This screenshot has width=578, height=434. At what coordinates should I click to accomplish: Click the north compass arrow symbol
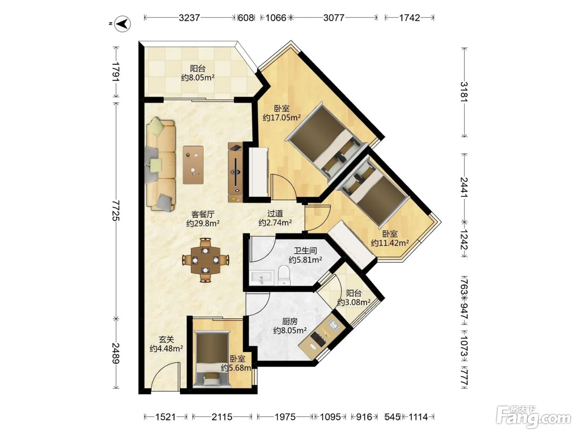[123, 24]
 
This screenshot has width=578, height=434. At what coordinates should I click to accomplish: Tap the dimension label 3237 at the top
[190, 18]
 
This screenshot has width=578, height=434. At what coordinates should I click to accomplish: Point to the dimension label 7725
[116, 210]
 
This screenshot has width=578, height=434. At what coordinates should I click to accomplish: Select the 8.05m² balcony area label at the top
[198, 78]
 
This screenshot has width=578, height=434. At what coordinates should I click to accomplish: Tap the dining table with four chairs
[205, 260]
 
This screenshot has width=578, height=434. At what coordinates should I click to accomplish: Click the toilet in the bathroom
[284, 275]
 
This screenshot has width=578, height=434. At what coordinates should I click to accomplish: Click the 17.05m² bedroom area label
[282, 117]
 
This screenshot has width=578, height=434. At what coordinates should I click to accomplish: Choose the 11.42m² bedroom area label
[390, 243]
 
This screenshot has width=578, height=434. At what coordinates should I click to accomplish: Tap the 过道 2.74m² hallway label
[275, 218]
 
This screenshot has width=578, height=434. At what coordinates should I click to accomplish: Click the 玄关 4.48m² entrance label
[166, 344]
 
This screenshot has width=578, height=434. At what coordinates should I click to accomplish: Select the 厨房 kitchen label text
[290, 322]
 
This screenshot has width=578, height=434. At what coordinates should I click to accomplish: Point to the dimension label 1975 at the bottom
[285, 417]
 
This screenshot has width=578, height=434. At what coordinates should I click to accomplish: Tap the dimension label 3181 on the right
[464, 92]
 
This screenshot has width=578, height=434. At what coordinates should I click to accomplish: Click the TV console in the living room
[235, 172]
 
